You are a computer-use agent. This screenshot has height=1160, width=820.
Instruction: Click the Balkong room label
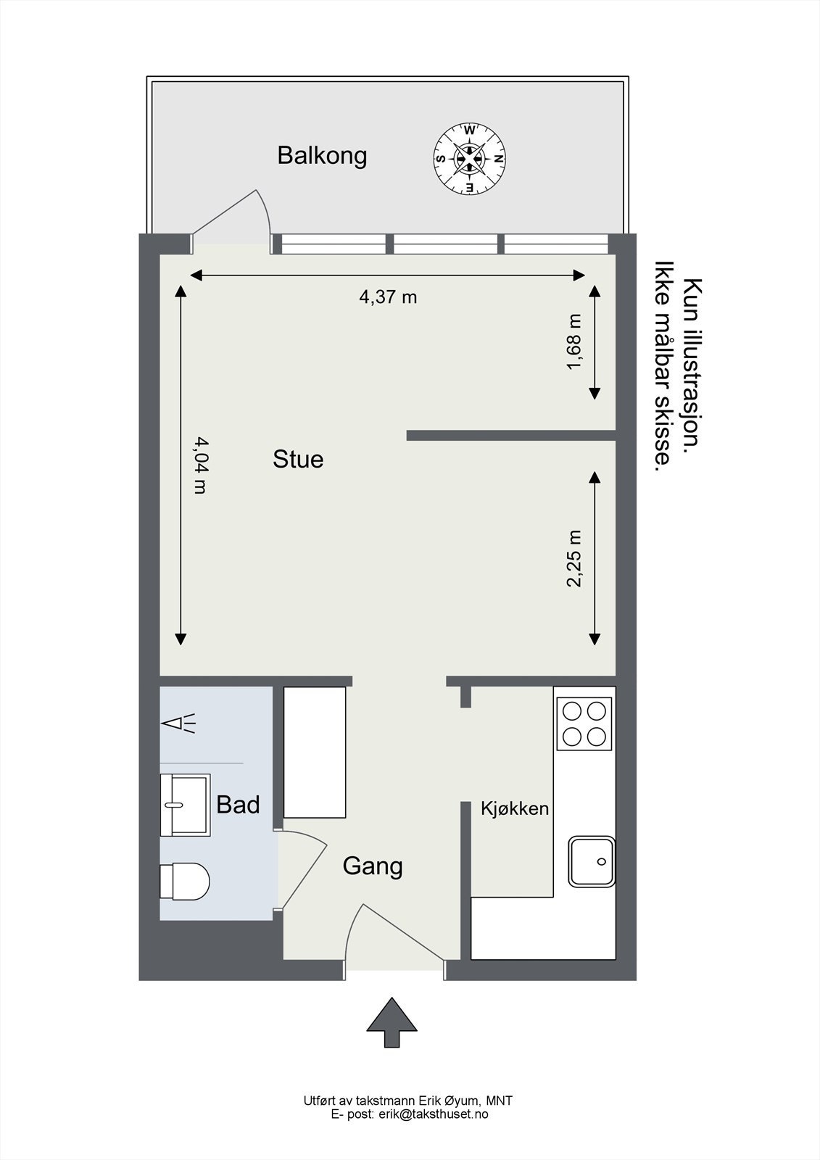[x=322, y=155]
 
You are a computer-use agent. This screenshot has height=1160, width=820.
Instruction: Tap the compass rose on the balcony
[x=469, y=159]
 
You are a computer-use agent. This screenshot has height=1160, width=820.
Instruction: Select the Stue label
[x=298, y=459]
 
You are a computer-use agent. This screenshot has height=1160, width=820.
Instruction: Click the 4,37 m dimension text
[x=388, y=297]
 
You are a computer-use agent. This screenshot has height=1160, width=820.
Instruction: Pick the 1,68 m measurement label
[x=574, y=341]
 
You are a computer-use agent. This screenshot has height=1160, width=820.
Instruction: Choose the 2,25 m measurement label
[x=574, y=558]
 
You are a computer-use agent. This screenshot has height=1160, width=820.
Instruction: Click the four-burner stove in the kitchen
[x=584, y=723]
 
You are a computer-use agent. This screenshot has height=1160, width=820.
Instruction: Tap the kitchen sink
[x=592, y=861]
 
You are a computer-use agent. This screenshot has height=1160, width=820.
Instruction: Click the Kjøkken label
[x=515, y=808]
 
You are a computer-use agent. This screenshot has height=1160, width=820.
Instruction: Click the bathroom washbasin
[x=185, y=805]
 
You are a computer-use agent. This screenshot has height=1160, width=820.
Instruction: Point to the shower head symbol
[x=177, y=723]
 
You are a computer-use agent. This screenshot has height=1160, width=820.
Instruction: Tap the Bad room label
[x=238, y=805]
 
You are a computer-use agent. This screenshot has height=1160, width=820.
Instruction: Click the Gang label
[x=373, y=866]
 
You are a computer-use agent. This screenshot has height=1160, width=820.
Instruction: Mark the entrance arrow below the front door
[x=392, y=1022]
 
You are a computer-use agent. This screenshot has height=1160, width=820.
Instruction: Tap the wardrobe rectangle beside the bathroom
[x=314, y=753]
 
